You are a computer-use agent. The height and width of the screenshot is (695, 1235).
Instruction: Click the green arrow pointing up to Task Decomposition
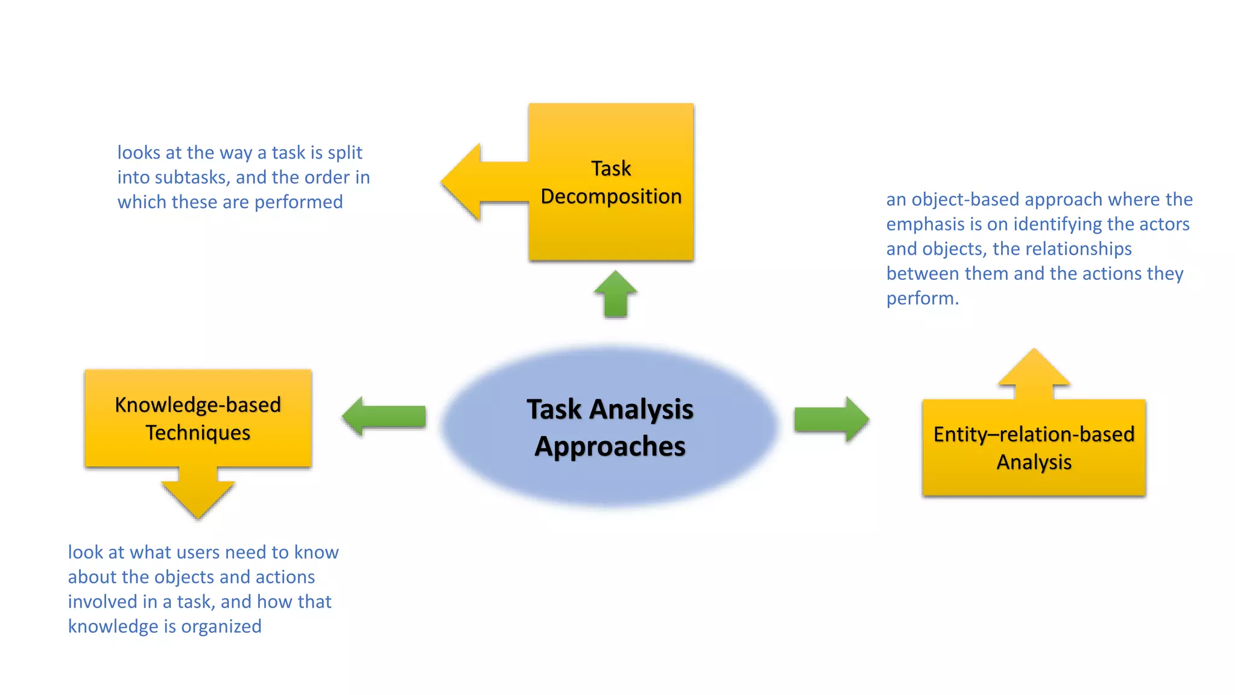[615, 294]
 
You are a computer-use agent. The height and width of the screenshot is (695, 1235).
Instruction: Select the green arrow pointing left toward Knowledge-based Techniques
[384, 416]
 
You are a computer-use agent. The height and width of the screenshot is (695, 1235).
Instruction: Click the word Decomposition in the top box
[611, 197]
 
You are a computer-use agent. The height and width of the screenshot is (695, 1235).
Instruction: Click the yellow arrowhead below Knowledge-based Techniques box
[198, 498]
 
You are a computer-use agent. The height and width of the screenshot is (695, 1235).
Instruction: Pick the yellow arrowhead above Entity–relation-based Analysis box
[1034, 369]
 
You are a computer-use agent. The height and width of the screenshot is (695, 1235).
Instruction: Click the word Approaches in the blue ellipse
[610, 447]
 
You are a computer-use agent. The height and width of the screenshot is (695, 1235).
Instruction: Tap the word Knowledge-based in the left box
[198, 405]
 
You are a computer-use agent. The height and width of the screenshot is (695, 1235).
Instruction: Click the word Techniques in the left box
[198, 433]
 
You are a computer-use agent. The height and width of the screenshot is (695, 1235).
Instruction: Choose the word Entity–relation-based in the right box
[1034, 434]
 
